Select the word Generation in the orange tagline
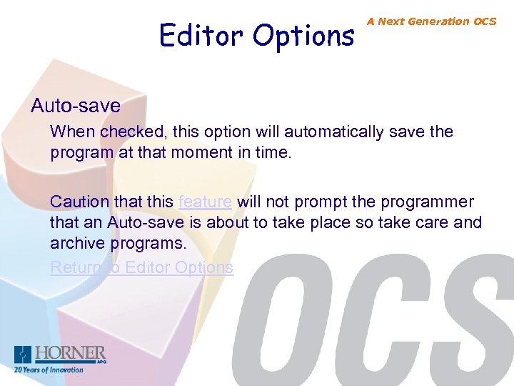click(x=436, y=21)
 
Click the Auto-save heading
click(x=76, y=107)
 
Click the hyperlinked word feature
click(x=205, y=202)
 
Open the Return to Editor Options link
click(x=141, y=267)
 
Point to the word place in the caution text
click(x=333, y=222)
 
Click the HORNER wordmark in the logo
click(x=71, y=354)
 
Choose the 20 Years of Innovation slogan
click(x=49, y=370)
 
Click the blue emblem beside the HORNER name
click(x=24, y=355)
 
